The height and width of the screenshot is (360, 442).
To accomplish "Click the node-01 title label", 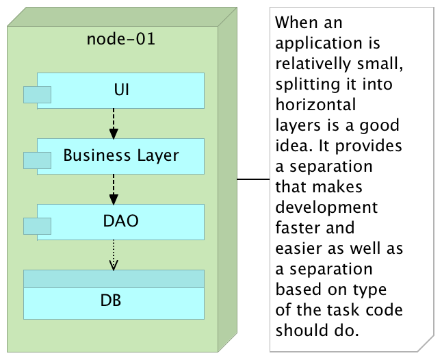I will [120, 38].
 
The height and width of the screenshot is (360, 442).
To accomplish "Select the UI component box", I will [121, 90].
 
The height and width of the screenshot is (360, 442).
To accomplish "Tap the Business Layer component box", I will [121, 155].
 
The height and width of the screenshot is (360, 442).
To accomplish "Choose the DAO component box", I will [121, 221].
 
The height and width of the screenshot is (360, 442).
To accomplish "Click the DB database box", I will [114, 301].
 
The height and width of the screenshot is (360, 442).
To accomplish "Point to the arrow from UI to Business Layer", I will [114, 123].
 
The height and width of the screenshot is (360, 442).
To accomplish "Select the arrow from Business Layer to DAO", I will [114, 189].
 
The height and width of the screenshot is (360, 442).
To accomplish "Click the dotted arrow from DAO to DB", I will [114, 255].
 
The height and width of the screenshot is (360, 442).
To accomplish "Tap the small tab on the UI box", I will [38, 94].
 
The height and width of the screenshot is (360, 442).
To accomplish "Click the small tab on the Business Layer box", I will [38, 160].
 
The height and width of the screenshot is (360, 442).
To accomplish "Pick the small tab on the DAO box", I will [38, 226].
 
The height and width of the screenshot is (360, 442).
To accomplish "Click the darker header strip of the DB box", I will [114, 279].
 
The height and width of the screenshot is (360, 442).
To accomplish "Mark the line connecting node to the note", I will [253, 179].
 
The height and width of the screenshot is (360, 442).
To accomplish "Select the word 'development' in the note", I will [326, 207].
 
